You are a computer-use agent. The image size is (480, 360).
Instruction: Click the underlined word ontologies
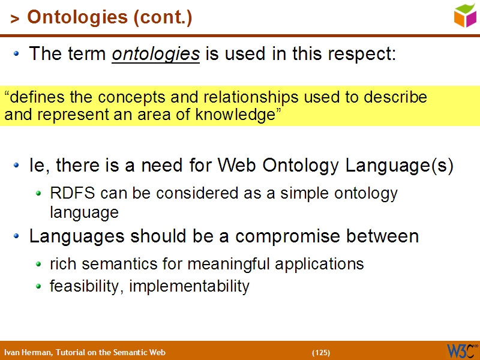click(156, 54)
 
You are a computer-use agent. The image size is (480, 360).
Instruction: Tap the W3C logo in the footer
click(461, 351)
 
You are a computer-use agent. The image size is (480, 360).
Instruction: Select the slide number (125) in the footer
click(320, 352)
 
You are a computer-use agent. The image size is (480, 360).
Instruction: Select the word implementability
click(189, 286)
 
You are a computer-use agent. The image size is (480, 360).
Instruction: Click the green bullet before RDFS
click(39, 194)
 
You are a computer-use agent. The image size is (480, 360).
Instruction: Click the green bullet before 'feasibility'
click(39, 286)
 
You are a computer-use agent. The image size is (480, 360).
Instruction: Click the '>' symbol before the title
click(15, 19)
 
